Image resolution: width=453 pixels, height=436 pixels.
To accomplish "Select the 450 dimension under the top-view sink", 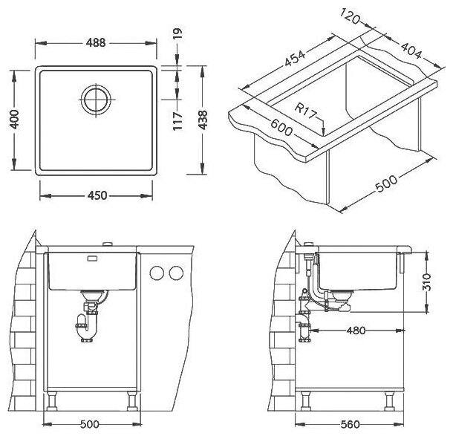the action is pos(97,195).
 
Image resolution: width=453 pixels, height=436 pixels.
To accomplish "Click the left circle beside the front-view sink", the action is pos(157,274).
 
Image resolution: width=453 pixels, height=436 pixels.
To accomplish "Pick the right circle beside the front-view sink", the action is pos(175,274).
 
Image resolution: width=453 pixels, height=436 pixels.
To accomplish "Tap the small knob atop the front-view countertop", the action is pos(109,244).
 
